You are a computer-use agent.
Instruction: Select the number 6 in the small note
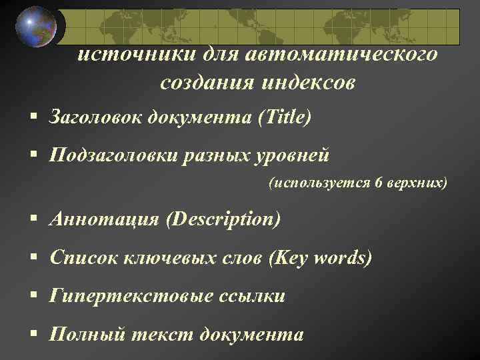[x=378, y=183]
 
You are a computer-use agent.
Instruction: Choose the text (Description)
[x=224, y=219]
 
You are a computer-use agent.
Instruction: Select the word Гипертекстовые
[x=131, y=295]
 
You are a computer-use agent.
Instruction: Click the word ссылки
[x=252, y=295]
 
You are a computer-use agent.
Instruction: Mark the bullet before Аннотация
[x=33, y=219]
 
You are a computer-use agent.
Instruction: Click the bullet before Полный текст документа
[x=33, y=333]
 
